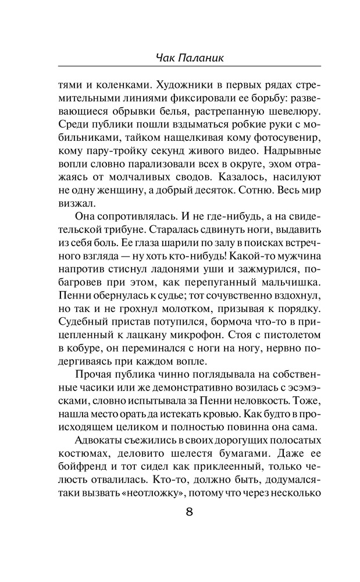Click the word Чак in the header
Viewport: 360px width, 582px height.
(x=166, y=58)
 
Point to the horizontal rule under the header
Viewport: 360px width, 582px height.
(x=190, y=68)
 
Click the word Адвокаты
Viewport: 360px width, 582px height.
(x=99, y=439)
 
